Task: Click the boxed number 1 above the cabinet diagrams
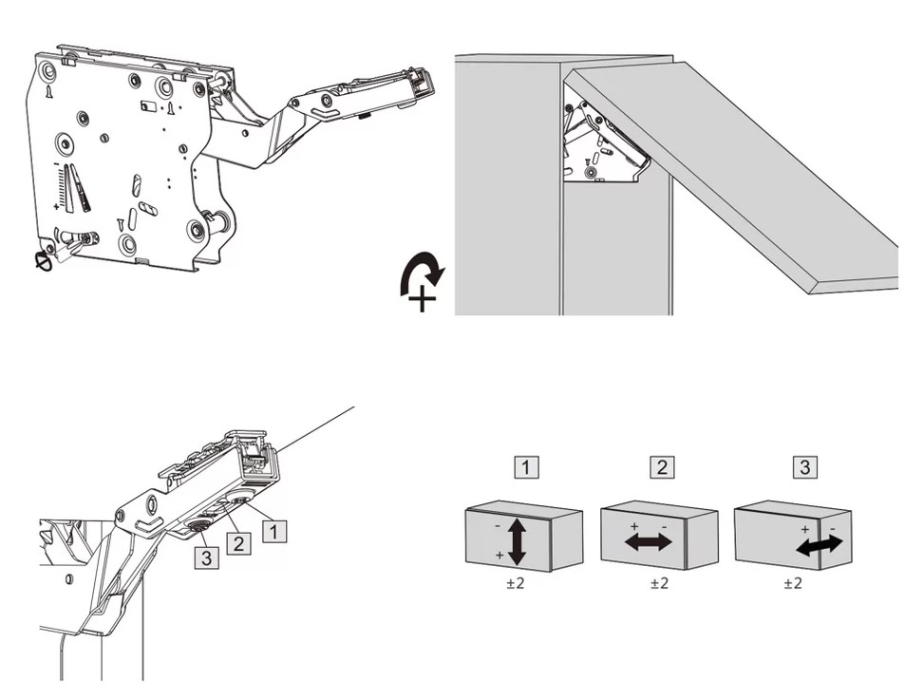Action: [x=526, y=467]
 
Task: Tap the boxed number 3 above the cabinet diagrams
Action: [x=804, y=467]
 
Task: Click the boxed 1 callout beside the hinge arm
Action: [x=273, y=531]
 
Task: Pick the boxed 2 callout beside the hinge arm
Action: [x=238, y=544]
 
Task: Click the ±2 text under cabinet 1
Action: [x=516, y=583]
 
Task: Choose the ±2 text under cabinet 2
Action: [x=659, y=583]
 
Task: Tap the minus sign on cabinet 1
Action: [x=497, y=522]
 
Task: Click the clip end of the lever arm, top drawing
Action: [x=418, y=83]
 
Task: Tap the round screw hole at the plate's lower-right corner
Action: [x=197, y=229]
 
